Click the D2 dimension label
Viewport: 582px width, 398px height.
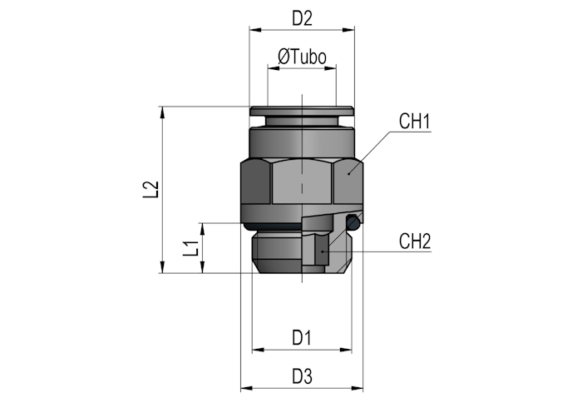click(302, 17)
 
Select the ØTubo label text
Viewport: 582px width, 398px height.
click(302, 57)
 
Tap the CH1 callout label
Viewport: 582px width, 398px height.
click(415, 121)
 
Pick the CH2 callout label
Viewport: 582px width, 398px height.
click(415, 241)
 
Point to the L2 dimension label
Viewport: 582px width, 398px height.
click(150, 190)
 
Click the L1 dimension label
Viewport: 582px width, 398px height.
click(190, 248)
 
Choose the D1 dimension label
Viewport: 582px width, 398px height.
click(301, 338)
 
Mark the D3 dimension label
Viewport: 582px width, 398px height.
click(302, 376)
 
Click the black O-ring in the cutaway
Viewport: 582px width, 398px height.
click(353, 223)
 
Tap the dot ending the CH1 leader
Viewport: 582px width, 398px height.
click(349, 173)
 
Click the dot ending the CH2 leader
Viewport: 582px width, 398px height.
click(323, 251)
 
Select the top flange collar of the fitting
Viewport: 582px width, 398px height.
click(302, 111)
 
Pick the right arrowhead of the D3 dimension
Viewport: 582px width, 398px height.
click(358, 389)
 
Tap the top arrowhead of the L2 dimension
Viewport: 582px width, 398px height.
click(162, 112)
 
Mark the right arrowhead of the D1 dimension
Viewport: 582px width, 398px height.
click(347, 350)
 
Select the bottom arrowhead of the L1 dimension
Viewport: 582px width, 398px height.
click(203, 267)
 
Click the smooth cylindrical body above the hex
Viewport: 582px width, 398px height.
click(302, 143)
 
